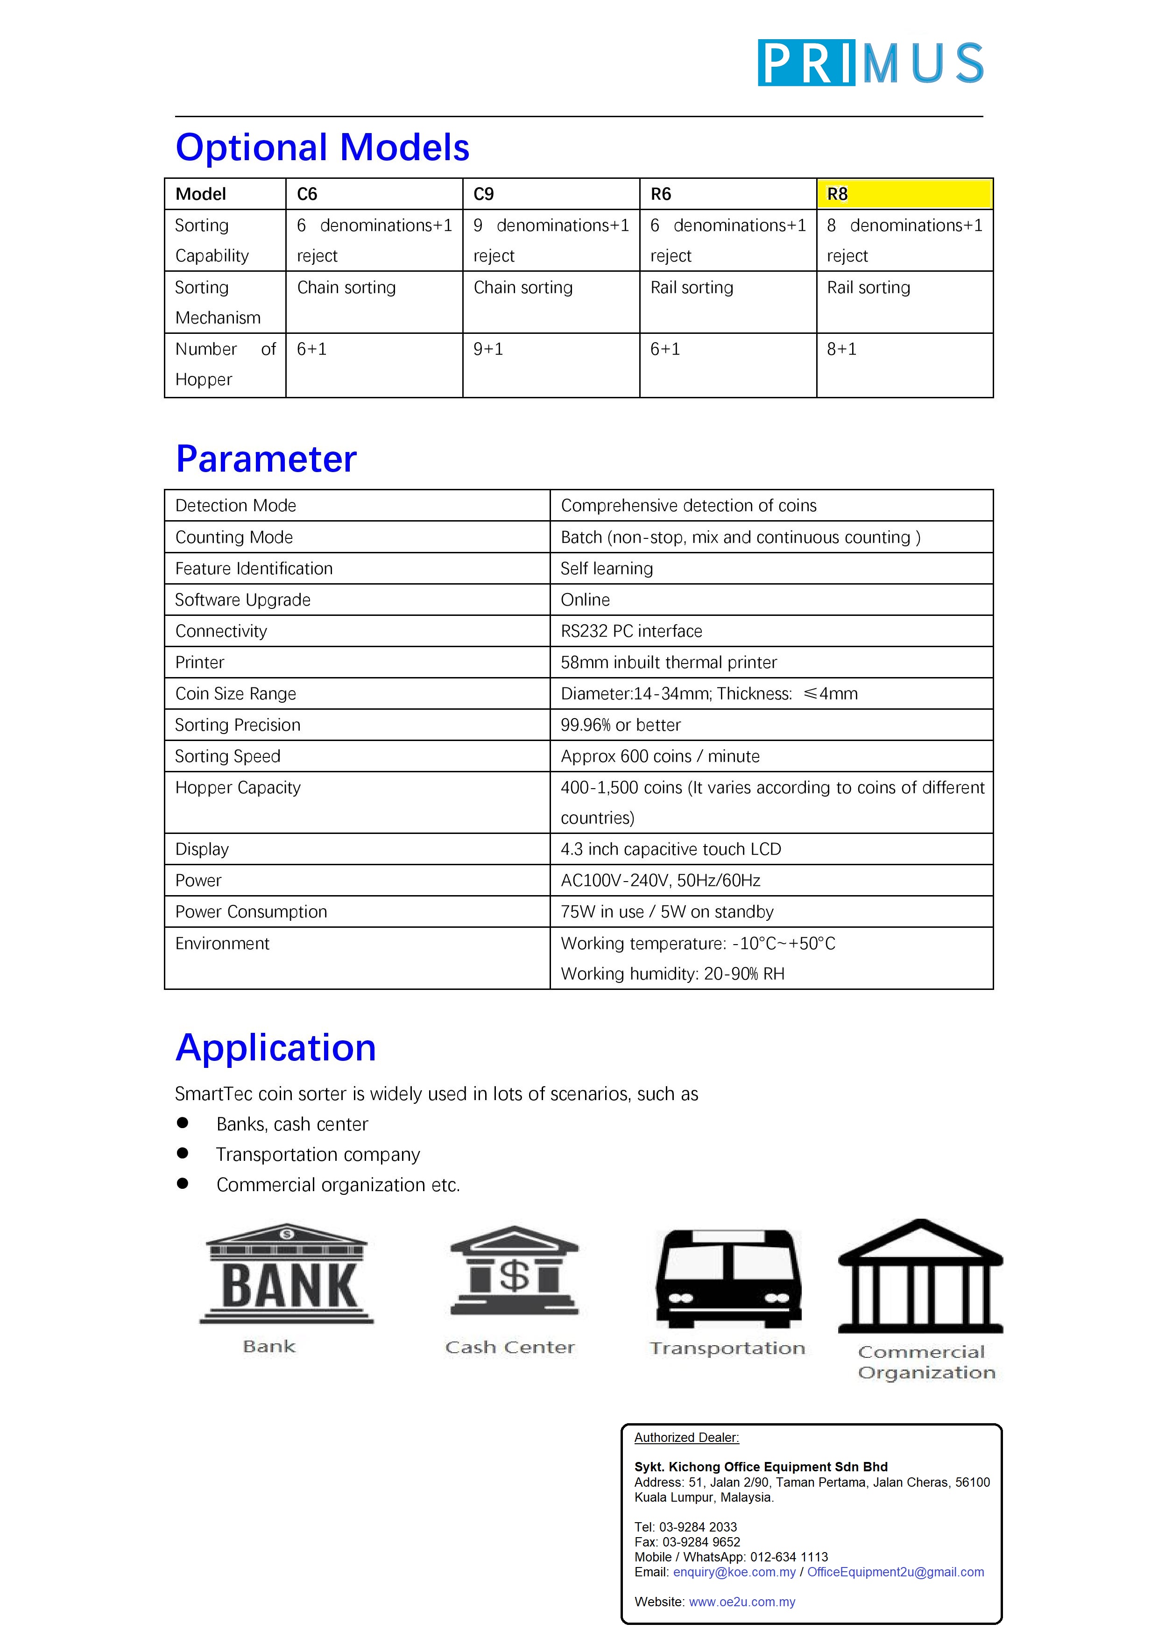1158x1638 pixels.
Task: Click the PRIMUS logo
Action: pyautogui.click(x=870, y=63)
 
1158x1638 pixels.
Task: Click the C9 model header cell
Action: pyautogui.click(x=551, y=194)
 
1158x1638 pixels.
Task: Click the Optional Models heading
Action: pyautogui.click(x=323, y=148)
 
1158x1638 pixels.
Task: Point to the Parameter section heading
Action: pyautogui.click(x=266, y=459)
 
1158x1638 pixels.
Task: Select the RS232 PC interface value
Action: pyautogui.click(x=631, y=631)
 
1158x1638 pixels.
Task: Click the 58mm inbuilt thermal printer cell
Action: pyautogui.click(x=669, y=663)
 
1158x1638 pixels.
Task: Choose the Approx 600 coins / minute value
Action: pyautogui.click(x=660, y=756)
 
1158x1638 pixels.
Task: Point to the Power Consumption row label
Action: pyautogui.click(x=251, y=912)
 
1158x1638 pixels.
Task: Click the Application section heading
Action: pyautogui.click(x=275, y=1048)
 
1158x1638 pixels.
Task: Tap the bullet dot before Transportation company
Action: pyautogui.click(x=183, y=1153)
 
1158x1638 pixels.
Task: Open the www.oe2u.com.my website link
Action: pyautogui.click(x=742, y=1602)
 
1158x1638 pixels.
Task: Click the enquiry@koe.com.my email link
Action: pyautogui.click(x=734, y=1572)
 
